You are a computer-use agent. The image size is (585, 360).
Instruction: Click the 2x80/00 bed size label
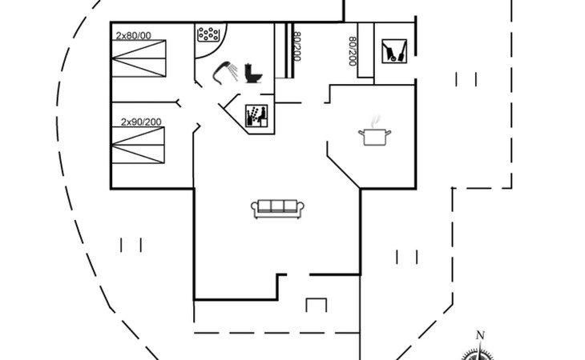[133, 36]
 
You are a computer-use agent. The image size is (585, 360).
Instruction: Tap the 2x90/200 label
[141, 122]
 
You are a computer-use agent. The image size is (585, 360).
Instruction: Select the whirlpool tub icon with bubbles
[208, 34]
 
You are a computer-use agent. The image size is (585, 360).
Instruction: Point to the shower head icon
[225, 73]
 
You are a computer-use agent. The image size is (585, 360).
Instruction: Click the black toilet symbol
[253, 74]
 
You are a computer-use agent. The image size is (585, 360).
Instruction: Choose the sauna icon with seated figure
[256, 116]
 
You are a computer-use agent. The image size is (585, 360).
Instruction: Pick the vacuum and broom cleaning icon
[394, 51]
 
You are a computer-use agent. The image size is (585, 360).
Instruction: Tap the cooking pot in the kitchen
[374, 137]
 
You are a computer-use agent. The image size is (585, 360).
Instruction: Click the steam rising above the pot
[376, 121]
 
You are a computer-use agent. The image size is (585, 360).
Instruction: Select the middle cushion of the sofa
[277, 206]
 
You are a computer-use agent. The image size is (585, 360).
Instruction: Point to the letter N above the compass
[480, 335]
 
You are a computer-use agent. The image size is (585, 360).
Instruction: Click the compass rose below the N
[479, 354]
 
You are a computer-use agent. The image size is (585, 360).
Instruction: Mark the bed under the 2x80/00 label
[139, 58]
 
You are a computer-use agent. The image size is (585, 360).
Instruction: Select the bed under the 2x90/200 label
[139, 145]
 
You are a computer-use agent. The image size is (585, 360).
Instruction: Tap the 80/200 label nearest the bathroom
[297, 46]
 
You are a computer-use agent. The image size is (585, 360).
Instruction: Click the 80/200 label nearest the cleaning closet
[353, 51]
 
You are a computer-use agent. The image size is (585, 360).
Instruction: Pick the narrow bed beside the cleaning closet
[365, 50]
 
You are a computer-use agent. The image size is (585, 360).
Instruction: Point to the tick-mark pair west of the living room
[131, 245]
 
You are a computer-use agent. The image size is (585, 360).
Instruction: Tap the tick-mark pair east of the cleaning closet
[466, 79]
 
